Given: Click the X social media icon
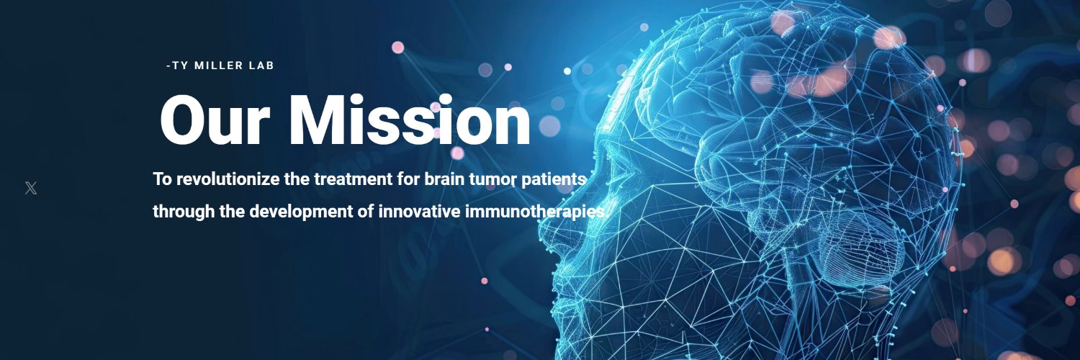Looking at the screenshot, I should point(30,189).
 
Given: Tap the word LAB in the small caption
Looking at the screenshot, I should point(261,66).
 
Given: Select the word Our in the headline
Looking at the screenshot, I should point(211,121).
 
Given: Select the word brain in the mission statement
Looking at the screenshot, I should point(444,179).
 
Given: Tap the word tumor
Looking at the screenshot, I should point(492,179).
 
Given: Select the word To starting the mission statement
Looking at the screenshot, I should point(163,179).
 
